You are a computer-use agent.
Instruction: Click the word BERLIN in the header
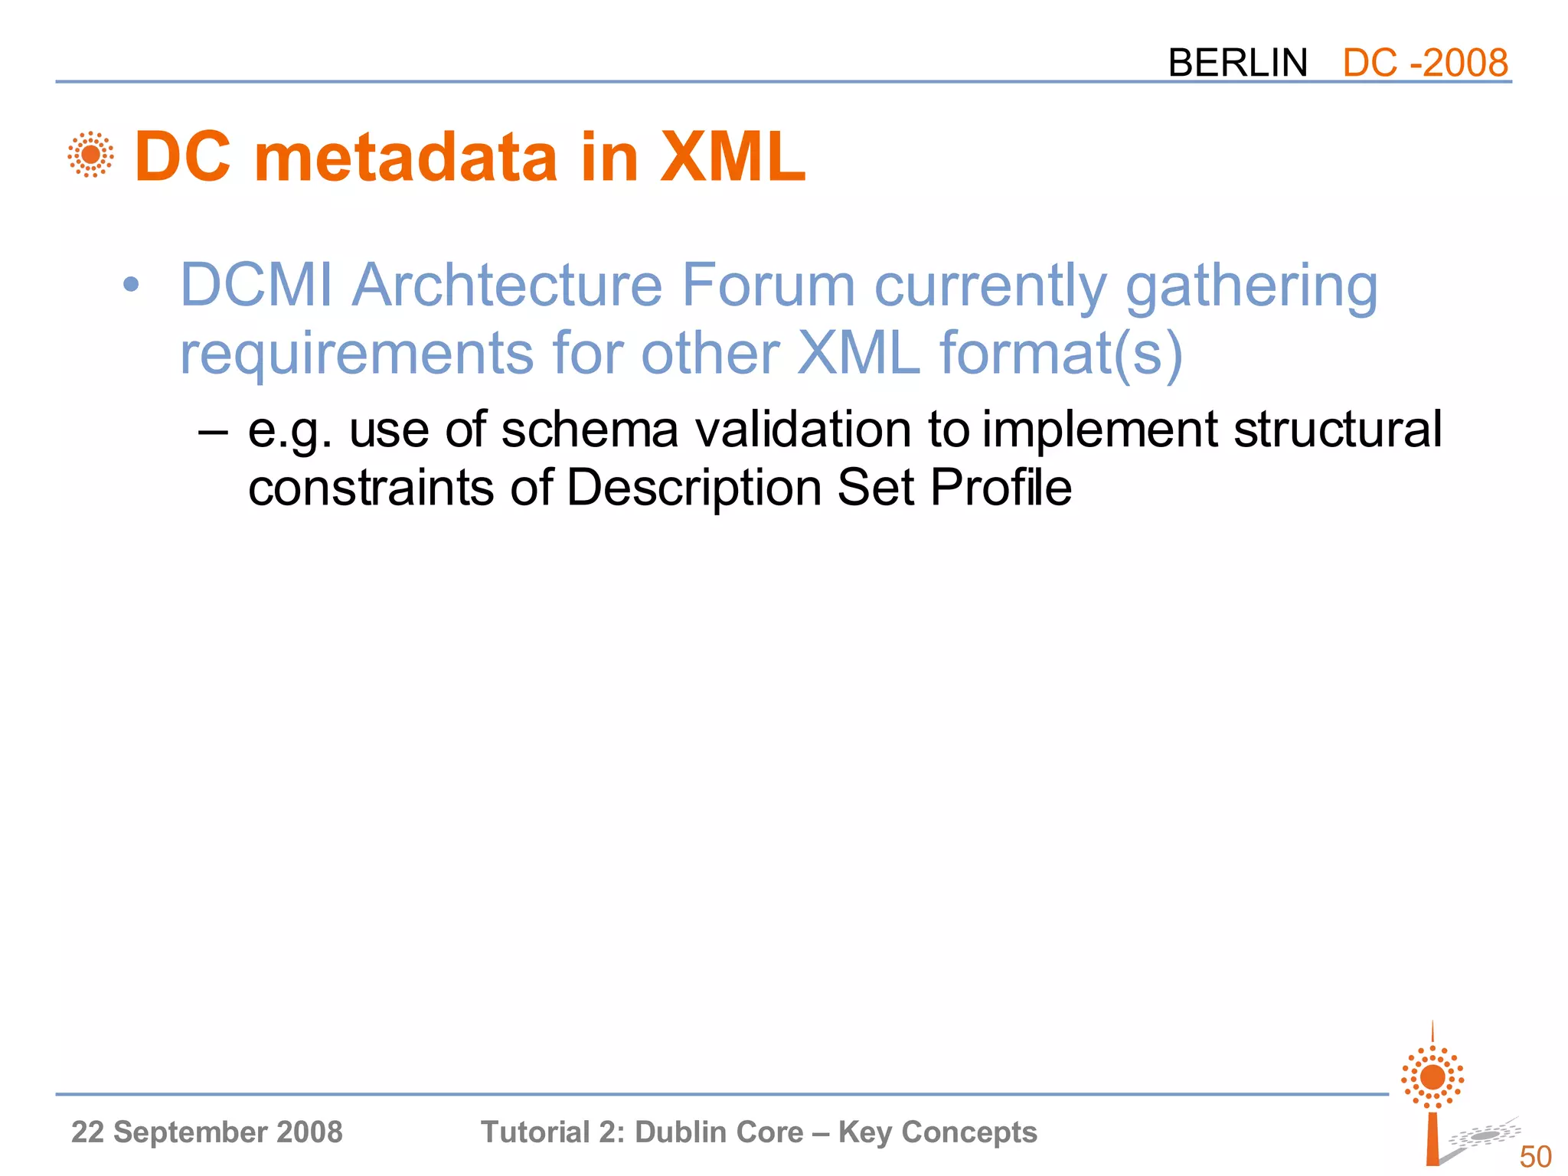click(1237, 63)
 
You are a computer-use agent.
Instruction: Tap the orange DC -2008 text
click(1425, 63)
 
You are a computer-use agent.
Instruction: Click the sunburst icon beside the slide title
click(90, 155)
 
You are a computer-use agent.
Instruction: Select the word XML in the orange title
click(732, 157)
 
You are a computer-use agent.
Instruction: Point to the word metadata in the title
click(405, 157)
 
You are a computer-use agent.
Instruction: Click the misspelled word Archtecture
click(506, 286)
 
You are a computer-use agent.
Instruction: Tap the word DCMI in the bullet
click(256, 286)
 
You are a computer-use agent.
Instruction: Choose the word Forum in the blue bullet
click(768, 286)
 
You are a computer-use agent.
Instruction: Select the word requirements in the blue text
click(356, 353)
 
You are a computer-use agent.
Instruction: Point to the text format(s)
click(1060, 353)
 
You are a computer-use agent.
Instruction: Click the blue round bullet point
click(131, 286)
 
